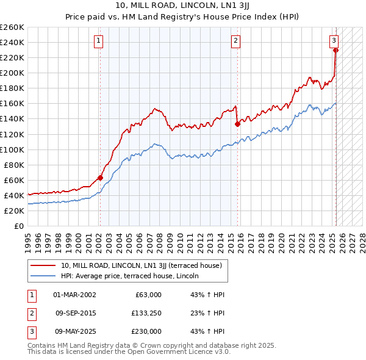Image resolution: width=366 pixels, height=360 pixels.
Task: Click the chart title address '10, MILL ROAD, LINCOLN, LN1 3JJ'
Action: (183, 6)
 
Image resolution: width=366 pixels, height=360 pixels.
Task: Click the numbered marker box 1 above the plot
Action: (99, 41)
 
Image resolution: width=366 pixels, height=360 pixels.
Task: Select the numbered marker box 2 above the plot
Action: (235, 41)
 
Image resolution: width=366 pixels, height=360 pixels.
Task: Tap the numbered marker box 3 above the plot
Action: (334, 41)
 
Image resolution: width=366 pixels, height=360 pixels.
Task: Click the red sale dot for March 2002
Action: (101, 178)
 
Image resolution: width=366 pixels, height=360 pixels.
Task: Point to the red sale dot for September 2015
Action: (237, 124)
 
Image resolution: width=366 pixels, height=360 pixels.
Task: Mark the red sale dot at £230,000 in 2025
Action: (336, 50)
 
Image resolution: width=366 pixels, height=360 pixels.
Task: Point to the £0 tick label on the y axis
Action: (19, 226)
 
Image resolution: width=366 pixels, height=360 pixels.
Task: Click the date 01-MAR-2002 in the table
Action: (74, 295)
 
